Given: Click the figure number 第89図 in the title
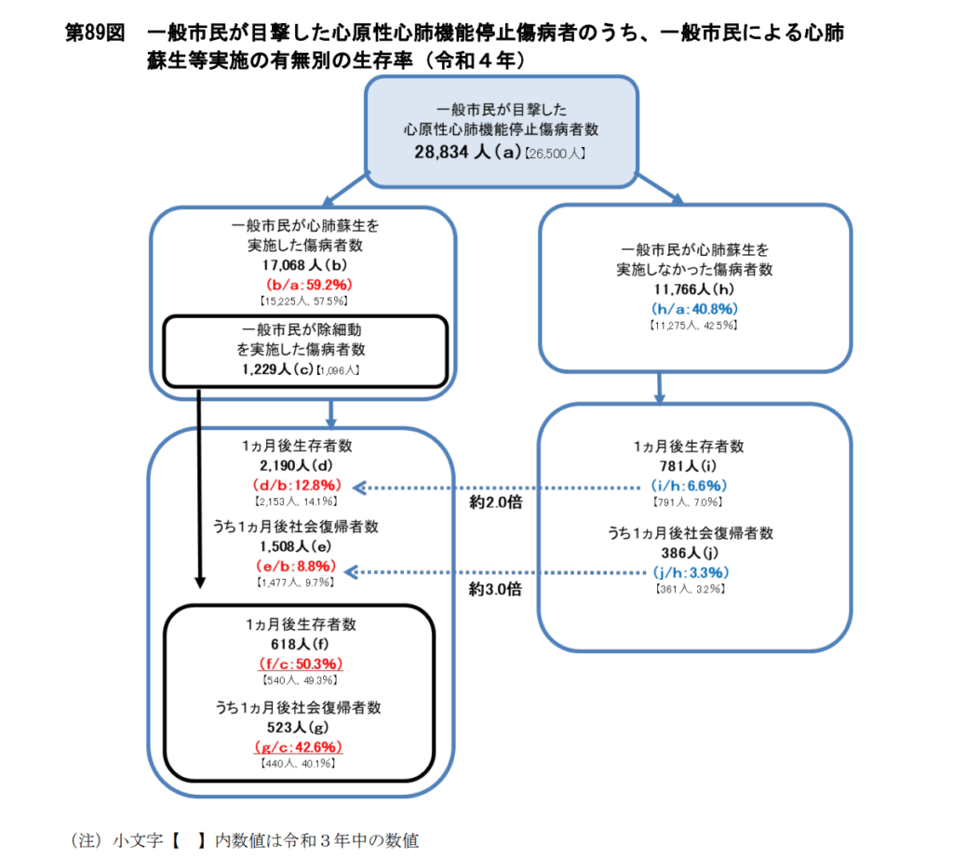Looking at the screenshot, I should click(94, 33).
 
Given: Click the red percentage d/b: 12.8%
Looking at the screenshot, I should click(298, 485).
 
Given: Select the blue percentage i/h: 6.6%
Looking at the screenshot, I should click(690, 485).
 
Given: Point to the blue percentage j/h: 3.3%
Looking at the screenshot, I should click(690, 571).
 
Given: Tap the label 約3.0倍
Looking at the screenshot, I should click(495, 589).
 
